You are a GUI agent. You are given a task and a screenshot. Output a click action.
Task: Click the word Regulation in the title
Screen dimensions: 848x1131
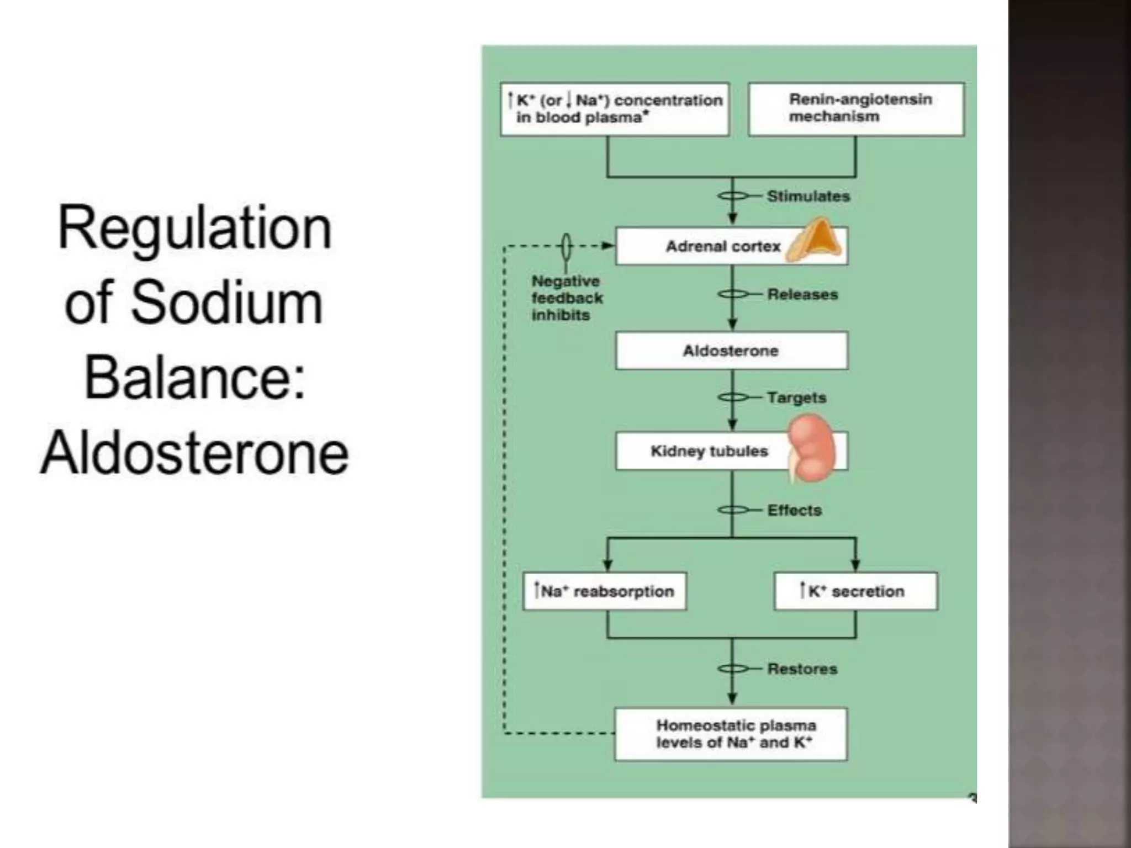(x=194, y=229)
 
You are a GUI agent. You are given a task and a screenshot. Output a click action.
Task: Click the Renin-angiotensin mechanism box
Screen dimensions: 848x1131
(x=856, y=109)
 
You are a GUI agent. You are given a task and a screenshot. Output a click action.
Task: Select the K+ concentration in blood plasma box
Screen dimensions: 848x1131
(x=615, y=109)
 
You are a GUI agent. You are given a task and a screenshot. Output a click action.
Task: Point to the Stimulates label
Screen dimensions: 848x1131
(x=808, y=196)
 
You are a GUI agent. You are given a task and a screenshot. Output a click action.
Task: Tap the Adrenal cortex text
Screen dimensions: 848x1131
(x=722, y=246)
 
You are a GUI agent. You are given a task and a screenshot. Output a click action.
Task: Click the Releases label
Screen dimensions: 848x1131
(x=802, y=294)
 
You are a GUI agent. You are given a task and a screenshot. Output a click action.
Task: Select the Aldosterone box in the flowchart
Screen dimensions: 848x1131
(x=731, y=351)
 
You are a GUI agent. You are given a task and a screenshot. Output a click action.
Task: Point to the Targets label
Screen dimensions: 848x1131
(x=796, y=397)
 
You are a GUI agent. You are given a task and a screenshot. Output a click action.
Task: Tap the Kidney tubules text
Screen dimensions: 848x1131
(x=709, y=451)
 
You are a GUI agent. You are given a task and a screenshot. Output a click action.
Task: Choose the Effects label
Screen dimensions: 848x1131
(x=794, y=510)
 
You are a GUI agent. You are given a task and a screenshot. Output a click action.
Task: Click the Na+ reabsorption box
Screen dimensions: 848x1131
(x=605, y=591)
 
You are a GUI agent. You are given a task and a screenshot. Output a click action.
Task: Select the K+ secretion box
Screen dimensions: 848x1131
(x=855, y=591)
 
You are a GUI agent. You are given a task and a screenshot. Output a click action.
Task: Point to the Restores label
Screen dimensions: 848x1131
(x=802, y=669)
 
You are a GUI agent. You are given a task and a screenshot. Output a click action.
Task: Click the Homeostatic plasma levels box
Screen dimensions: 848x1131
(x=731, y=734)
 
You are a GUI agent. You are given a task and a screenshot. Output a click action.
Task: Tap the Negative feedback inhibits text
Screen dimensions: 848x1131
(x=567, y=298)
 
